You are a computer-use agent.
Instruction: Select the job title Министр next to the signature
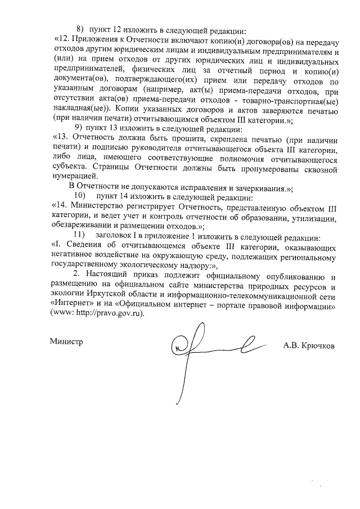tap(66, 341)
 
